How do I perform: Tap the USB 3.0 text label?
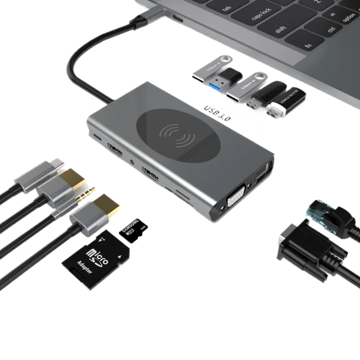tap(217, 113)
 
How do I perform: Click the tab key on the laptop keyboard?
tap(227, 8)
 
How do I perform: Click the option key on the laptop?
tap(349, 18)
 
